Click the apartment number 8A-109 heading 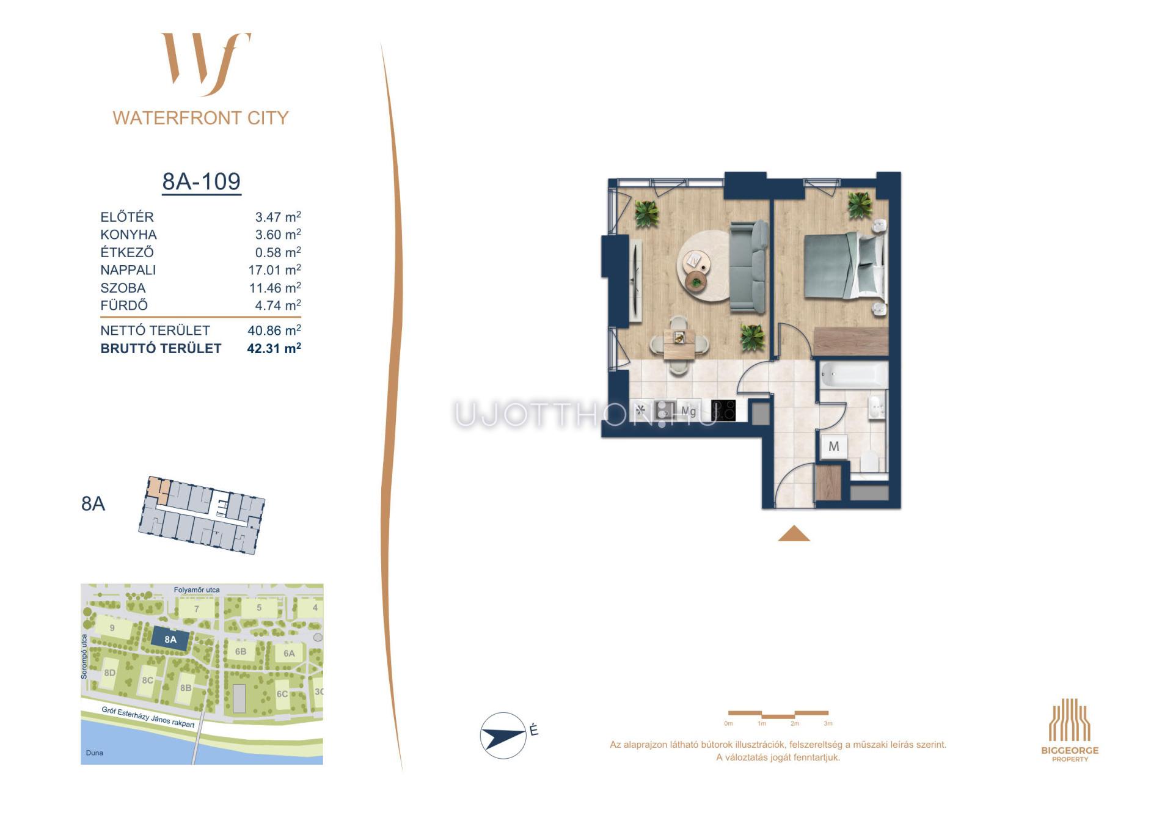(x=201, y=181)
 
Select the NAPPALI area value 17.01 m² (x=275, y=269)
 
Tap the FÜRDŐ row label (x=124, y=305)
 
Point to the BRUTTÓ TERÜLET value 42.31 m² (x=274, y=348)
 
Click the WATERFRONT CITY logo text (x=200, y=118)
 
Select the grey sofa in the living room (x=748, y=267)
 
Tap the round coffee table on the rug (x=694, y=261)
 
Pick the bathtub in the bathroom (x=853, y=374)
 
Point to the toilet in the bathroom (x=869, y=462)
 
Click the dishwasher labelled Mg (x=689, y=411)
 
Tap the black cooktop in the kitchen (x=723, y=411)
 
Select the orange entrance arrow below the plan (x=794, y=533)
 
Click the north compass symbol (x=503, y=736)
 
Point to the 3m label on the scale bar (x=828, y=723)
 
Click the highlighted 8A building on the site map (x=170, y=640)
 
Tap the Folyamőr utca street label (x=197, y=590)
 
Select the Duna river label (x=95, y=753)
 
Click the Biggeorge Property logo (x=1070, y=730)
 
